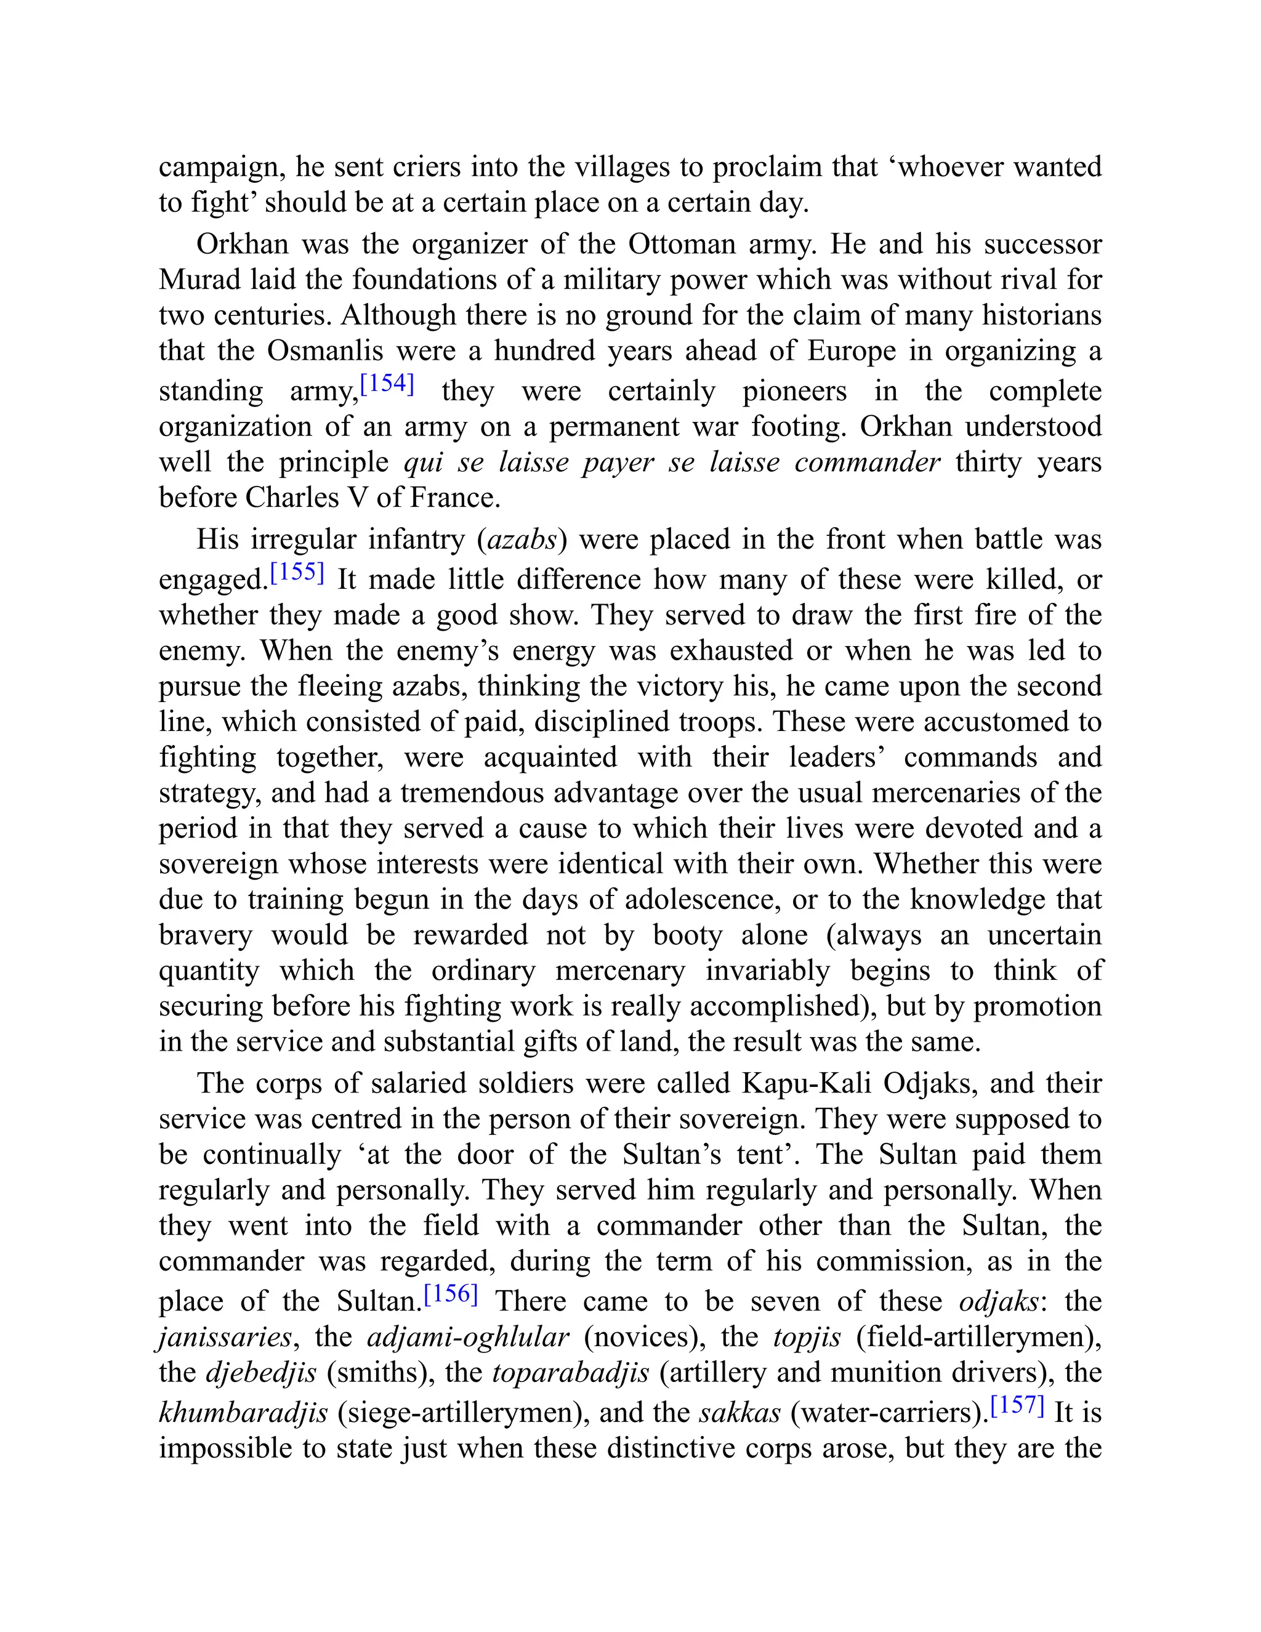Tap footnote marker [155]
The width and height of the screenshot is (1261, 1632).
pos(297,572)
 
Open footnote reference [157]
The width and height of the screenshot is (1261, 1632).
pos(1017,1405)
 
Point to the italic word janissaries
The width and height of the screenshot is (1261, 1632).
pos(224,1337)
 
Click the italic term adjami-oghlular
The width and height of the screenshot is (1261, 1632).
pos(468,1337)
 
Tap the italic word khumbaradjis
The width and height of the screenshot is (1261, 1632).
pos(244,1412)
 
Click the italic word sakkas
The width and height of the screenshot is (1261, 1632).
pos(739,1412)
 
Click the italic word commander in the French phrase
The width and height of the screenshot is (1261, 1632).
pos(866,463)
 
